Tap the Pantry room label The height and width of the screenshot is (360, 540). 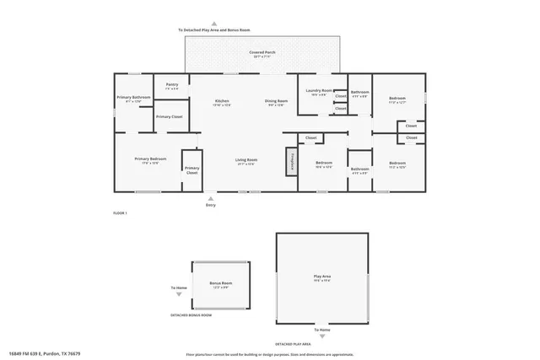tap(171, 85)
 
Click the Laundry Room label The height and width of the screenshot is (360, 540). tap(318, 92)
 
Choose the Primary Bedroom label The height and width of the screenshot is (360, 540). tap(150, 160)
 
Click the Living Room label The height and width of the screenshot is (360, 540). tap(246, 160)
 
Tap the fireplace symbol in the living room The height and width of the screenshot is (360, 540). tap(293, 160)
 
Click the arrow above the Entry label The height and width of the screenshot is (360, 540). tap(211, 197)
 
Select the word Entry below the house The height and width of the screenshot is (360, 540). tap(211, 205)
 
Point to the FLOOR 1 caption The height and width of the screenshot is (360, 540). tap(120, 213)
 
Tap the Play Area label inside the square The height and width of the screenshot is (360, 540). tap(322, 277)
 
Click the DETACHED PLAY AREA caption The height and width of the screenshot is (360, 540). tap(294, 344)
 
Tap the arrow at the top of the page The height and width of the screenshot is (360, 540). tap(214, 24)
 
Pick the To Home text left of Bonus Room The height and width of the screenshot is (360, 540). tap(179, 287)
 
